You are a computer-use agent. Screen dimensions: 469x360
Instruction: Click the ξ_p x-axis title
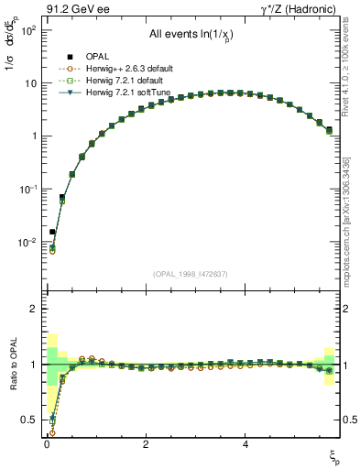335,455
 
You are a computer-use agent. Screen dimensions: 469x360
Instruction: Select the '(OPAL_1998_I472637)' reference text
191,274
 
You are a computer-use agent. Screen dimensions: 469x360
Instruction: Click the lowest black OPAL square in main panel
52,232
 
